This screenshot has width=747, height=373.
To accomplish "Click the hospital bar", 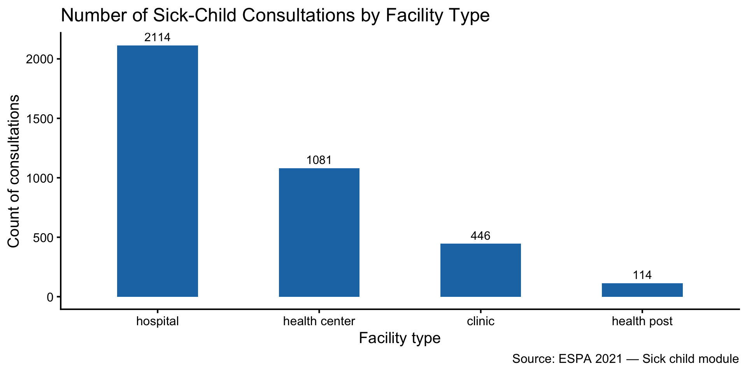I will click(158, 171).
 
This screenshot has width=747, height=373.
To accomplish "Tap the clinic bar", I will click(480, 270).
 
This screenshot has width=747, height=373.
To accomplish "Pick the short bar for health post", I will click(642, 290).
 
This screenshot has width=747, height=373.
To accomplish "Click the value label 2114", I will click(158, 37).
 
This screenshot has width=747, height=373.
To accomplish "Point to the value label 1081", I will click(319, 160).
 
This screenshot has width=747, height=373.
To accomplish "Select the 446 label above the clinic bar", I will click(480, 235).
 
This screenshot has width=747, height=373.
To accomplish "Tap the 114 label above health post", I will click(642, 275).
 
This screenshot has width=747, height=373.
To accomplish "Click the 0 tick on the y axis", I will click(50, 297).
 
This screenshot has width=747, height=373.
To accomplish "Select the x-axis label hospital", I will click(158, 321).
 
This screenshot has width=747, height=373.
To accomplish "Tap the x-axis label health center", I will click(319, 321).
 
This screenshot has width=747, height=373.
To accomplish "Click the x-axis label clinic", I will click(480, 321).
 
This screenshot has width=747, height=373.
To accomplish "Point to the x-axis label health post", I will click(642, 321).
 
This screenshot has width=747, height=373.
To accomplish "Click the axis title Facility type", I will click(400, 338).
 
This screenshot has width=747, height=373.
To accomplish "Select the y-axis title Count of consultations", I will click(14, 171).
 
